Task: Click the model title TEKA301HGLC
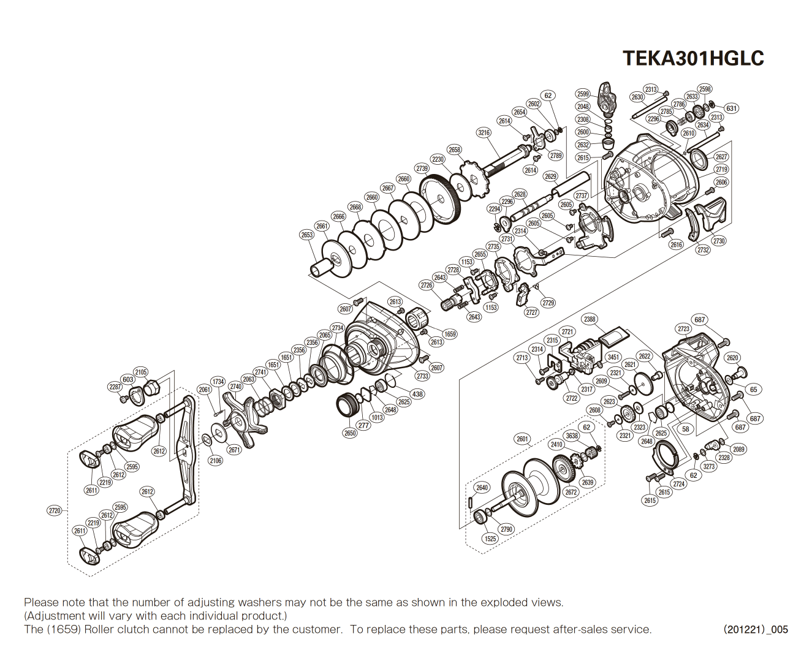[x=693, y=58]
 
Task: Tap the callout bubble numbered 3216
[x=484, y=132]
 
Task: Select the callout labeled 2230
[x=438, y=159]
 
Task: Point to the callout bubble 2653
[x=307, y=235]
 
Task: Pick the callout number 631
[x=732, y=108]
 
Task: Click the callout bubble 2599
[x=583, y=94]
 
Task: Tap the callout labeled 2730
[x=719, y=241]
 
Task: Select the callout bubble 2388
[x=590, y=319]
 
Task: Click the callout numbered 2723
[x=684, y=329]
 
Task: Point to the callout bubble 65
[x=754, y=389]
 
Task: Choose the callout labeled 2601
[x=522, y=439]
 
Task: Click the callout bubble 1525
[x=490, y=539]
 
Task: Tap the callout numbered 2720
[x=55, y=510]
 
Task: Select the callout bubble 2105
[x=141, y=372]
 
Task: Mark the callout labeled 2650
[x=350, y=433]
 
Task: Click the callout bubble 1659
[x=450, y=334]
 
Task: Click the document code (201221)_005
[x=756, y=629]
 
